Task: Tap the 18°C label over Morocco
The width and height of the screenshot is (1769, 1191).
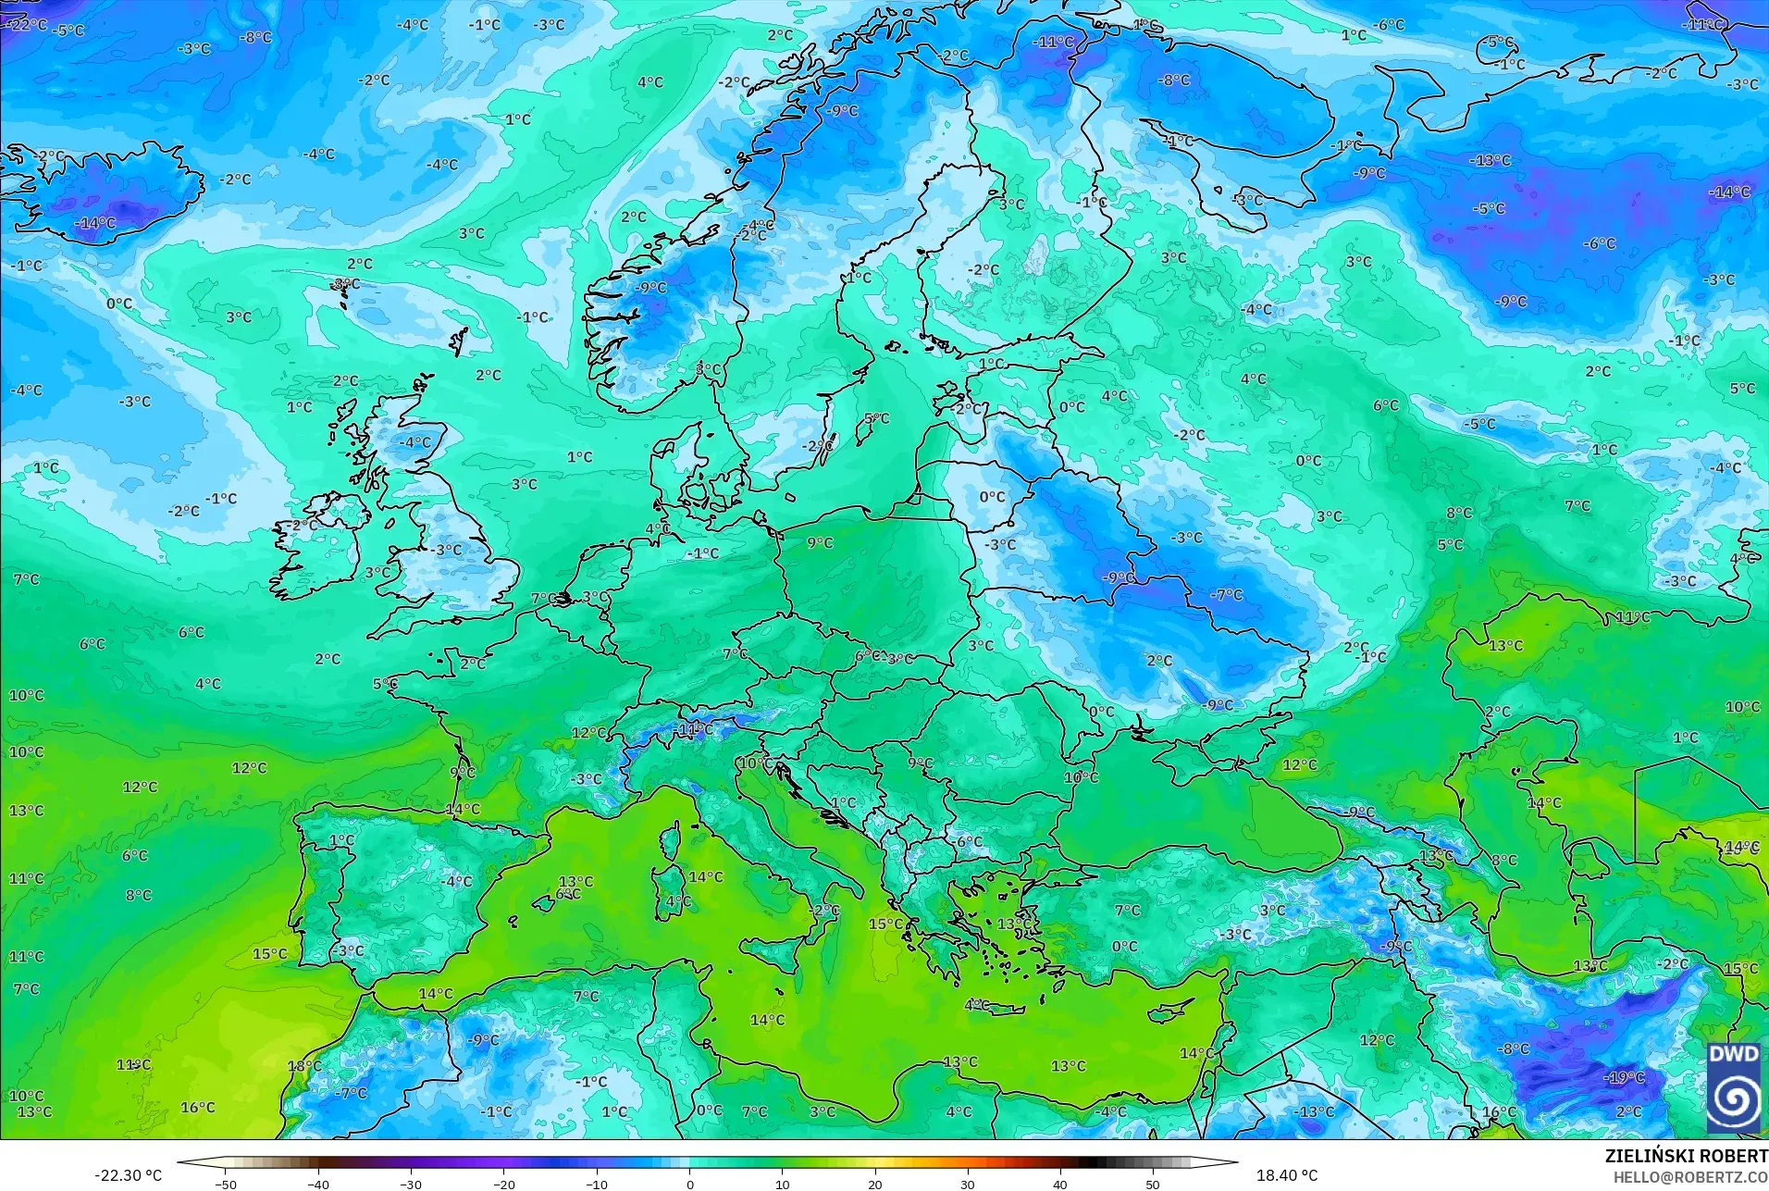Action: coord(304,1066)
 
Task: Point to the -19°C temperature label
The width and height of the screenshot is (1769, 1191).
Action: coord(1626,1078)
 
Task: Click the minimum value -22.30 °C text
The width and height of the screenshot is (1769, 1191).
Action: coord(128,1175)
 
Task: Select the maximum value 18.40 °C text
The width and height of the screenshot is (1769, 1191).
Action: coord(1286,1175)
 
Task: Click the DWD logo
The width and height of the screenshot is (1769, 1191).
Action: coord(1734,1087)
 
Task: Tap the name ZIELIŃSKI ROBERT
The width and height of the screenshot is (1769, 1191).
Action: coord(1686,1156)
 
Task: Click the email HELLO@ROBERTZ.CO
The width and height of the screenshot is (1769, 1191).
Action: coord(1690,1177)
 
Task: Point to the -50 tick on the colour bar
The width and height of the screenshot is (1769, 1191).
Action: coord(226,1184)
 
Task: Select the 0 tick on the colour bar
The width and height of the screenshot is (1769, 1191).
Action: coord(690,1184)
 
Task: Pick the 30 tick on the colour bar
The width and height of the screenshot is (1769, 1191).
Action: coord(968,1184)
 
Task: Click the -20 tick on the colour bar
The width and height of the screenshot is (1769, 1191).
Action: coord(503,1184)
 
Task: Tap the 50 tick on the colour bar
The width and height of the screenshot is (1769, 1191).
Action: coord(1153,1184)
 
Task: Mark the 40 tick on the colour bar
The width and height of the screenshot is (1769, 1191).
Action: coord(1060,1184)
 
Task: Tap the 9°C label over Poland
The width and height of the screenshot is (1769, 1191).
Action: coord(820,543)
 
